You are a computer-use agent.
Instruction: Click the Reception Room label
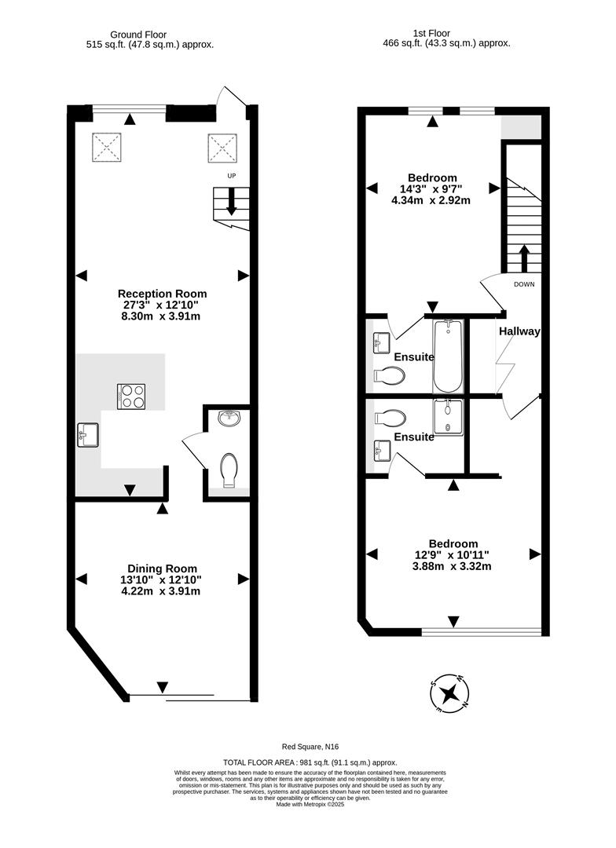pos(163,294)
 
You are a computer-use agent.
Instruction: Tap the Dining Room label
pos(163,568)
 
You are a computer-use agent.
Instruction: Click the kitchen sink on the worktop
pos(88,434)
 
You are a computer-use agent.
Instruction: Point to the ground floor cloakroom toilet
pos(228,470)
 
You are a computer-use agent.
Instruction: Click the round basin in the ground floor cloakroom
pos(228,420)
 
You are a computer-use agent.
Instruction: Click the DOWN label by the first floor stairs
pos(524,284)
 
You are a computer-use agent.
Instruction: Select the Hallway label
pos(519,331)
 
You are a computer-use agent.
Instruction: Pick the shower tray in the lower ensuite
pos(449,416)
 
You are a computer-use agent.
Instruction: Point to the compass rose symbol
pos(450,693)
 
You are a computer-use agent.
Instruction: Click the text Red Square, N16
pos(310,747)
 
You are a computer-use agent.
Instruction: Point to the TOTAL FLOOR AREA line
pos(310,762)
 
